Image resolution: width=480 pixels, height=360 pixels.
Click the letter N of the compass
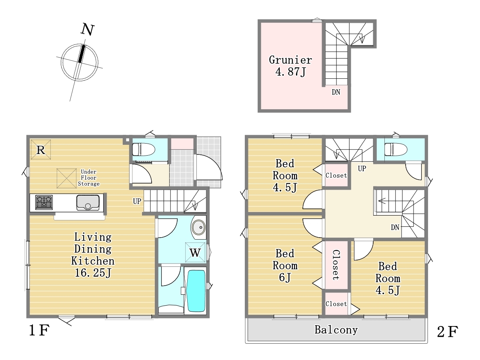[x=88, y=30]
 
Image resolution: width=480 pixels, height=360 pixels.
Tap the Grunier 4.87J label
[x=290, y=66]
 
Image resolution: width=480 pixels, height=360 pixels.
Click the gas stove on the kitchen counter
[x=44, y=202]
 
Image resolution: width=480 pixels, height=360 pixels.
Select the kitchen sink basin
[x=88, y=202]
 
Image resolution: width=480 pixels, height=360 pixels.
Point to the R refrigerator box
[x=41, y=150]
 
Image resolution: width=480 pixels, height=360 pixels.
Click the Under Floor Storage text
[x=88, y=178]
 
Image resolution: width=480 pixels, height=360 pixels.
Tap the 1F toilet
[x=144, y=150]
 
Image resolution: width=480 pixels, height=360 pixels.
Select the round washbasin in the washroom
[x=198, y=227]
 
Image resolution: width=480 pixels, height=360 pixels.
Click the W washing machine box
[x=195, y=252]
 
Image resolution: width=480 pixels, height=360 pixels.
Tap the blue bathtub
[x=196, y=291]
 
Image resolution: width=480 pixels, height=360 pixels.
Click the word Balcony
[x=336, y=330]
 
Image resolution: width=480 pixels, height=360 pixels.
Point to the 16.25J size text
[x=93, y=273]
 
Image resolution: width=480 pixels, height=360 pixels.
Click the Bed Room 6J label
[x=285, y=266]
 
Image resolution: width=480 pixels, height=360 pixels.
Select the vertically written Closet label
[x=336, y=265]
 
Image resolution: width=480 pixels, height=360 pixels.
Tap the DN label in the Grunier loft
[x=336, y=92]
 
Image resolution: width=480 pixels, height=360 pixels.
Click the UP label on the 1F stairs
[x=137, y=201]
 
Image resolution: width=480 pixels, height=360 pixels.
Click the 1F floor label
[x=39, y=330]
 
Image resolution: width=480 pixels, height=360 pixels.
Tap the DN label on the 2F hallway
[x=395, y=228]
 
